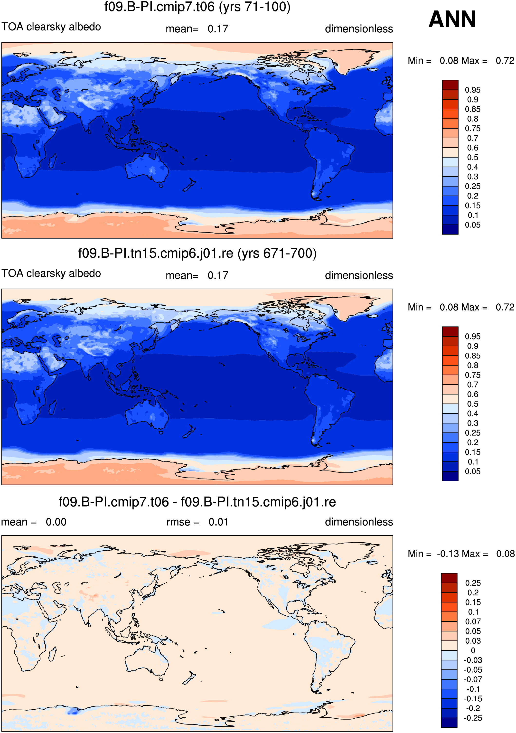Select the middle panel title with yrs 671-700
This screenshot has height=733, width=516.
197,254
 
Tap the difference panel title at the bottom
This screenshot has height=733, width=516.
197,502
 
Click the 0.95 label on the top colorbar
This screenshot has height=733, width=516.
473,90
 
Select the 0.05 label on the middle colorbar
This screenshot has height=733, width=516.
473,471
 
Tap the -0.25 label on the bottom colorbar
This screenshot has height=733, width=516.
473,718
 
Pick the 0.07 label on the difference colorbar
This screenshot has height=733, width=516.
473,621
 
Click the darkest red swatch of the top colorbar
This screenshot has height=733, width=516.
450,85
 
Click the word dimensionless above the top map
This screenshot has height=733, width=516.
359,29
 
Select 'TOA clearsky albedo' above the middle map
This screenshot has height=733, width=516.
51,274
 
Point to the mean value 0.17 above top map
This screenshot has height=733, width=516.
218,29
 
